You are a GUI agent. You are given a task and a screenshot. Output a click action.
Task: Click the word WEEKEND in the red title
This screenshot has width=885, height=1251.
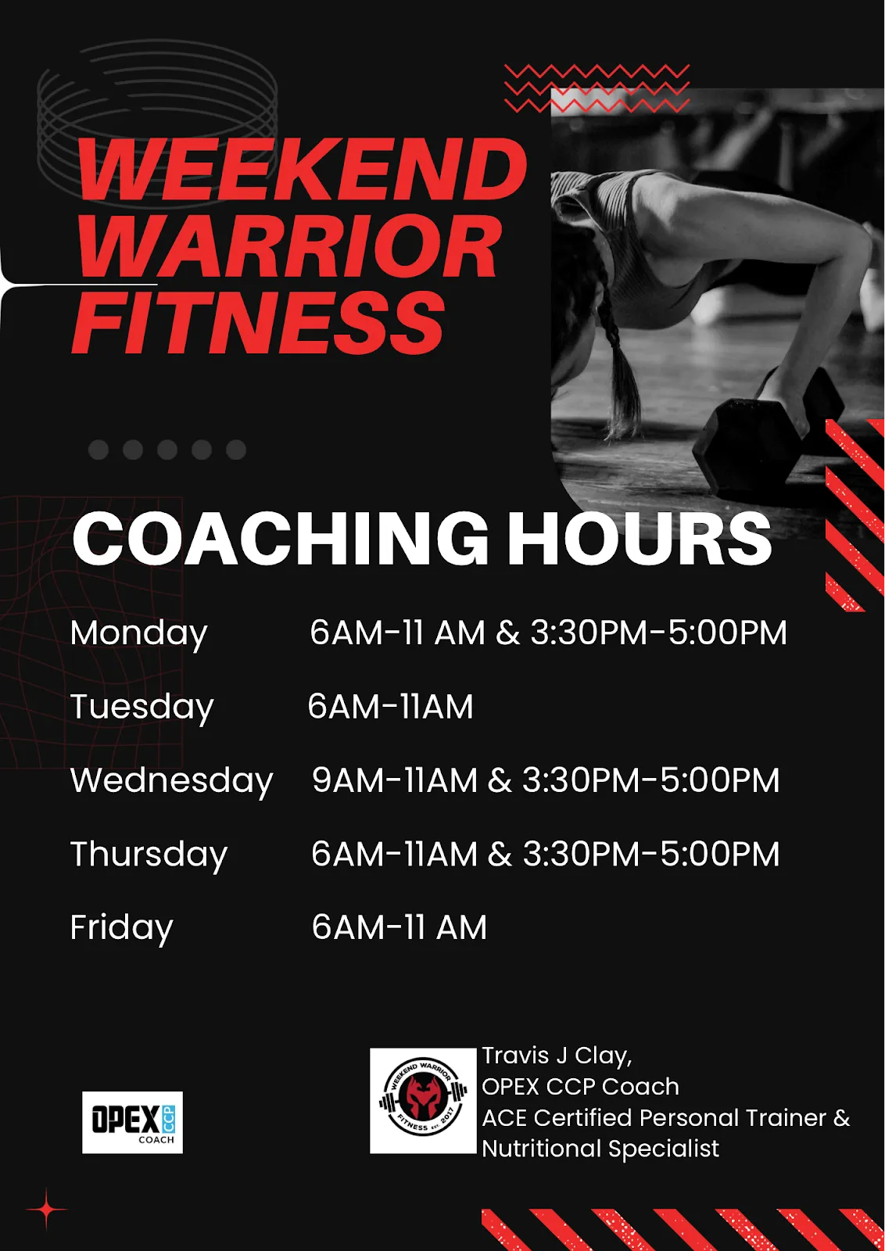point(303,169)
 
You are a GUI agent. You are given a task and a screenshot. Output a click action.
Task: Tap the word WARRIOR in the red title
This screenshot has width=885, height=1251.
point(288,246)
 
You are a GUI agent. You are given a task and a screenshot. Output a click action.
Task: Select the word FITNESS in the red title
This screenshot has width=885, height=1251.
point(258,322)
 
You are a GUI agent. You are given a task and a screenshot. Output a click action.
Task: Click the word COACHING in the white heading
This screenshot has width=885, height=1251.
point(281,538)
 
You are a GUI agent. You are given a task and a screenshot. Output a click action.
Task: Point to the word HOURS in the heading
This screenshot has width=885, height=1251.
point(640,538)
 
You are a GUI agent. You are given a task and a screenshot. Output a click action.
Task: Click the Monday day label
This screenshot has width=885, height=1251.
point(138,634)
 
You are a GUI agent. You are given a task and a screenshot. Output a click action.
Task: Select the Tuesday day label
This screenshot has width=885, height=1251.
point(142,708)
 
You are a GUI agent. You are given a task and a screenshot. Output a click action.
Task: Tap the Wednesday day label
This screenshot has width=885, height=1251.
point(171,781)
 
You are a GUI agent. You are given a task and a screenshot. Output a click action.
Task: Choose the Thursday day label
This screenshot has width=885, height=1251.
point(149,855)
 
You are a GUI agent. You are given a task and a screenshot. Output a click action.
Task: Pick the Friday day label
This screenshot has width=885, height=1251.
point(122,929)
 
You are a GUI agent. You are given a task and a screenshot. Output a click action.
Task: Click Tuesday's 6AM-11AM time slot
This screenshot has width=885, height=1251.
point(390,707)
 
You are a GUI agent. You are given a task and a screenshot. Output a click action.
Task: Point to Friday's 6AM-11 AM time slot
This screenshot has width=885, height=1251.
point(400,927)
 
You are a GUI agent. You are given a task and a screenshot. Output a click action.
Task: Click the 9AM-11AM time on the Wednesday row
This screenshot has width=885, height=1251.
point(395,780)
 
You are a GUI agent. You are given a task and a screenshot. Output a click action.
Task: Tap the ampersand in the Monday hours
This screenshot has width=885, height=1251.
point(507,633)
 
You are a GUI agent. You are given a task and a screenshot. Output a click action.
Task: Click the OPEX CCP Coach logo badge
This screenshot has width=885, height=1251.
point(132,1123)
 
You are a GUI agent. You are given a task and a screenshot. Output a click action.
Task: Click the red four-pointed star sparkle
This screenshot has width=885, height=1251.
point(47,1210)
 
